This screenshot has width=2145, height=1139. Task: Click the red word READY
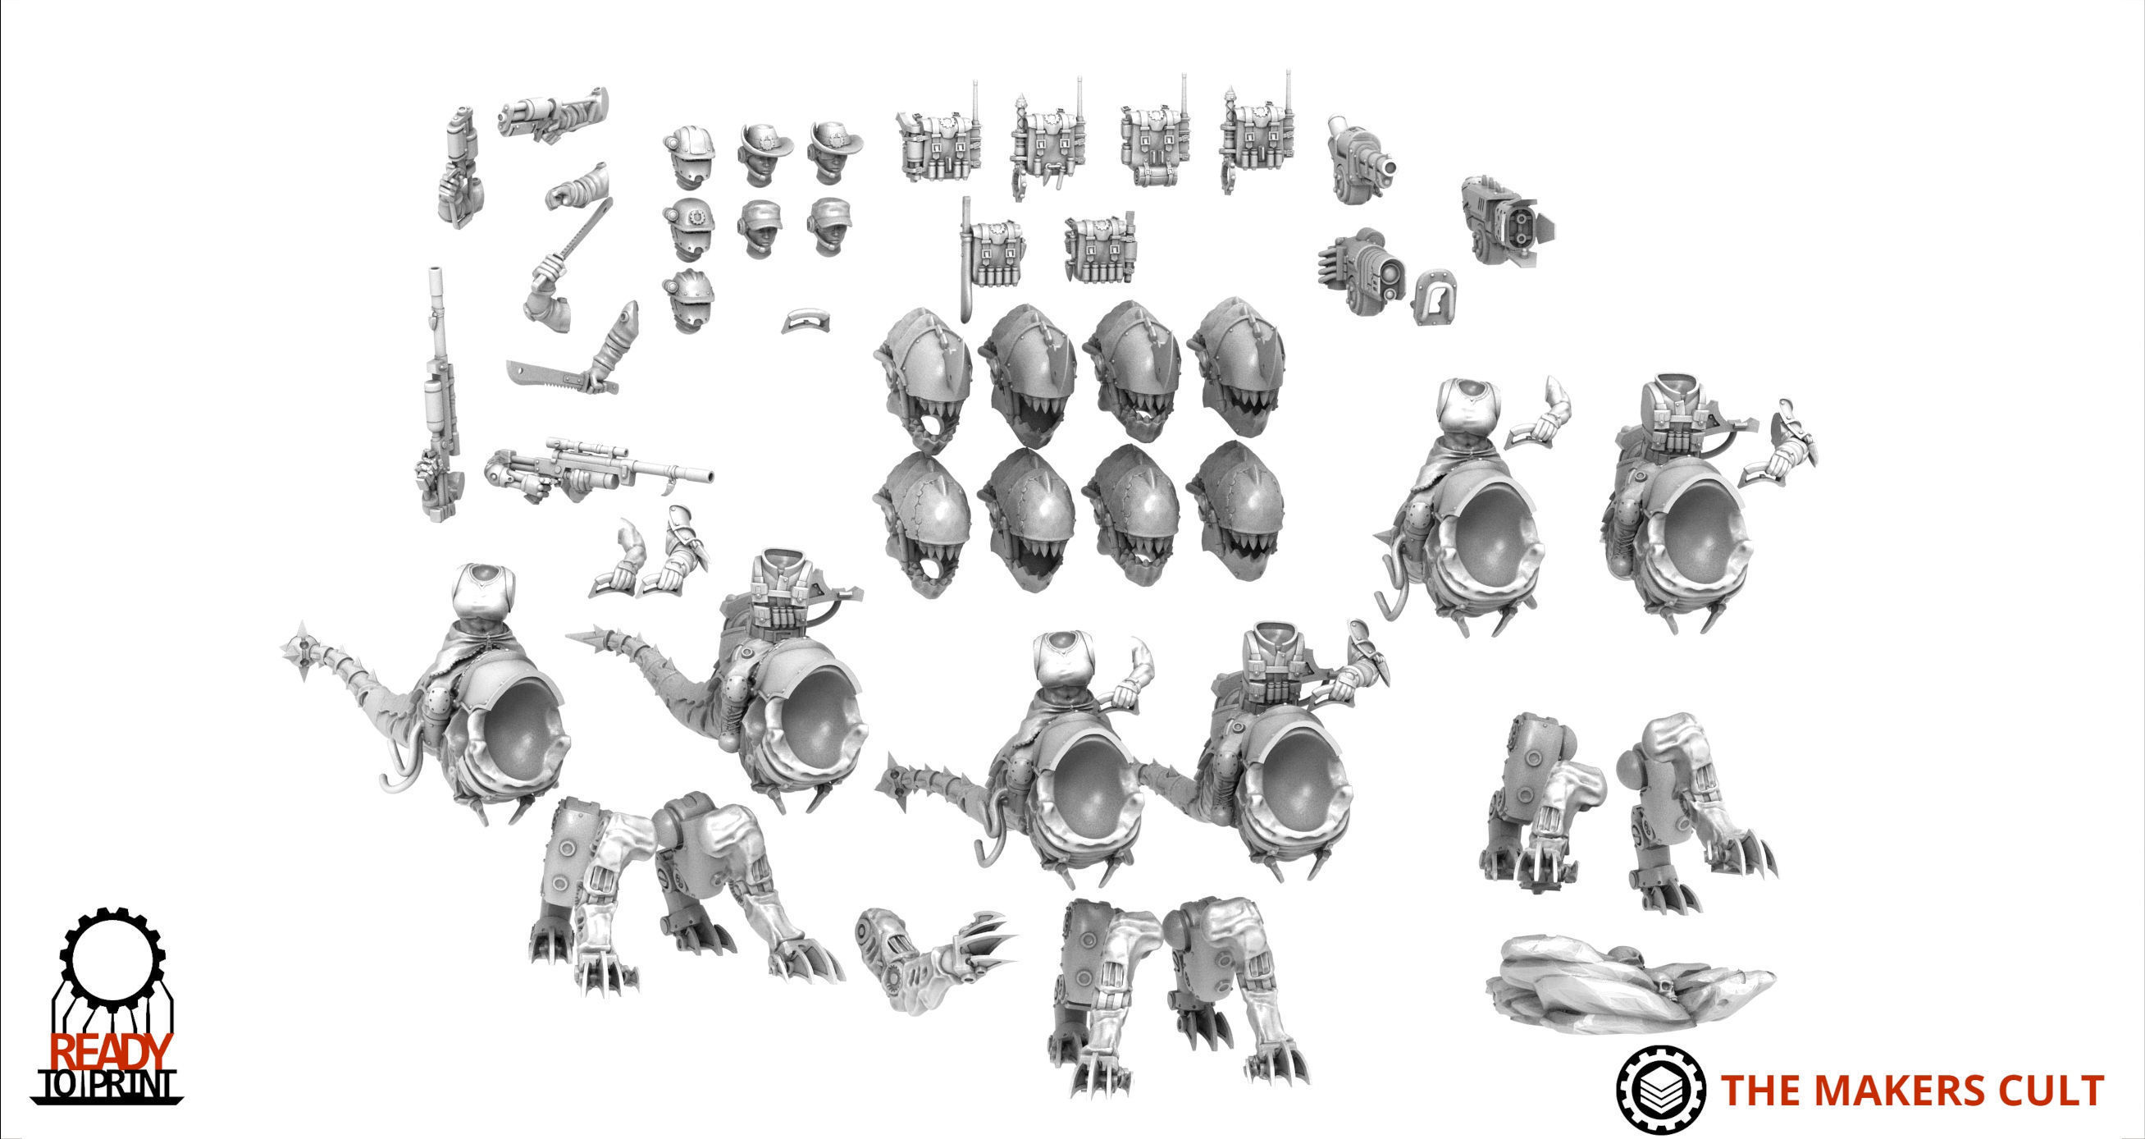point(112,1051)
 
